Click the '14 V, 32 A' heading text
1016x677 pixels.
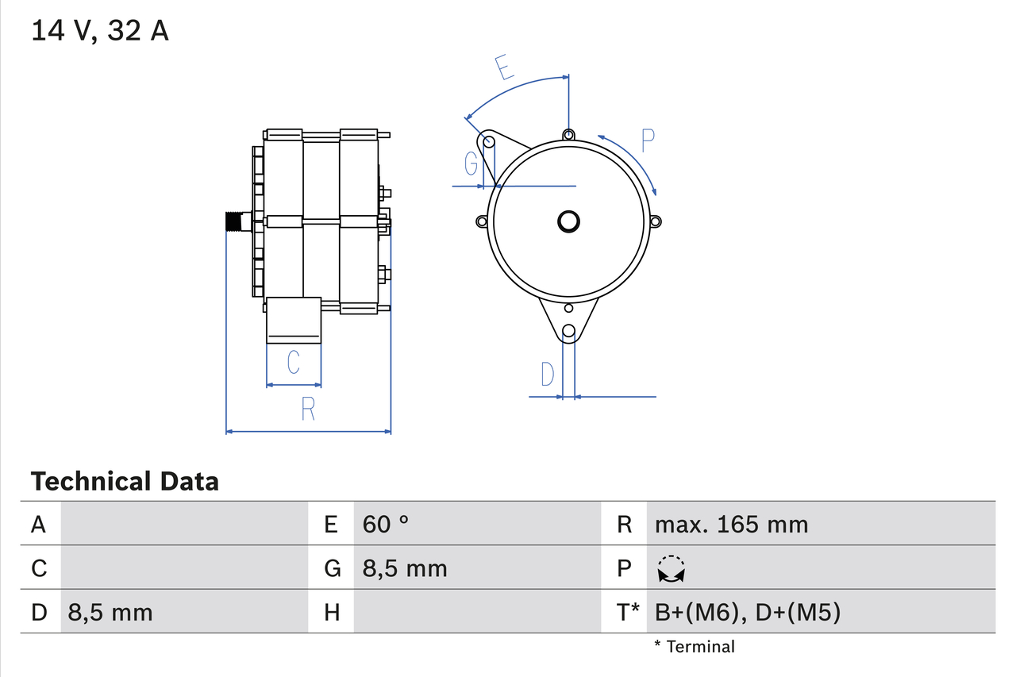click(x=100, y=31)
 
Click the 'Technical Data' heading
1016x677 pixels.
click(x=125, y=481)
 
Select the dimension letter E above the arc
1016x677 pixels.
click(x=502, y=68)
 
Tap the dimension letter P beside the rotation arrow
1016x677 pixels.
click(x=648, y=140)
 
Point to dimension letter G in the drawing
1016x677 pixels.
click(x=471, y=163)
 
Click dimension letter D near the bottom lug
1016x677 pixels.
click(x=548, y=373)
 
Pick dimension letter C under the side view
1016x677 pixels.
click(x=293, y=362)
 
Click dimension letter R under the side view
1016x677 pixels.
click(x=308, y=409)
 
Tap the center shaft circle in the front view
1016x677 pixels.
click(x=568, y=221)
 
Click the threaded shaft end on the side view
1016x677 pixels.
click(x=233, y=221)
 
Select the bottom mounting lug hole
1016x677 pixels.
click(x=568, y=332)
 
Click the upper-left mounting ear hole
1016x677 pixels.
click(x=490, y=142)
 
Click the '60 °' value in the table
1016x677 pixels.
click(x=386, y=524)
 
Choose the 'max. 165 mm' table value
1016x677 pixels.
click(x=731, y=524)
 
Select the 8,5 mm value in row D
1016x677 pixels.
click(x=110, y=612)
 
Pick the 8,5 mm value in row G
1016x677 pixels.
click(x=405, y=568)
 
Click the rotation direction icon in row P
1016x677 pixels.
click(x=672, y=569)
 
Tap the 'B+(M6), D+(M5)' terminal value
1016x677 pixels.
click(x=748, y=612)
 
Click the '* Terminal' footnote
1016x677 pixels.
click(x=695, y=646)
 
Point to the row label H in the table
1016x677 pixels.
click(x=332, y=612)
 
